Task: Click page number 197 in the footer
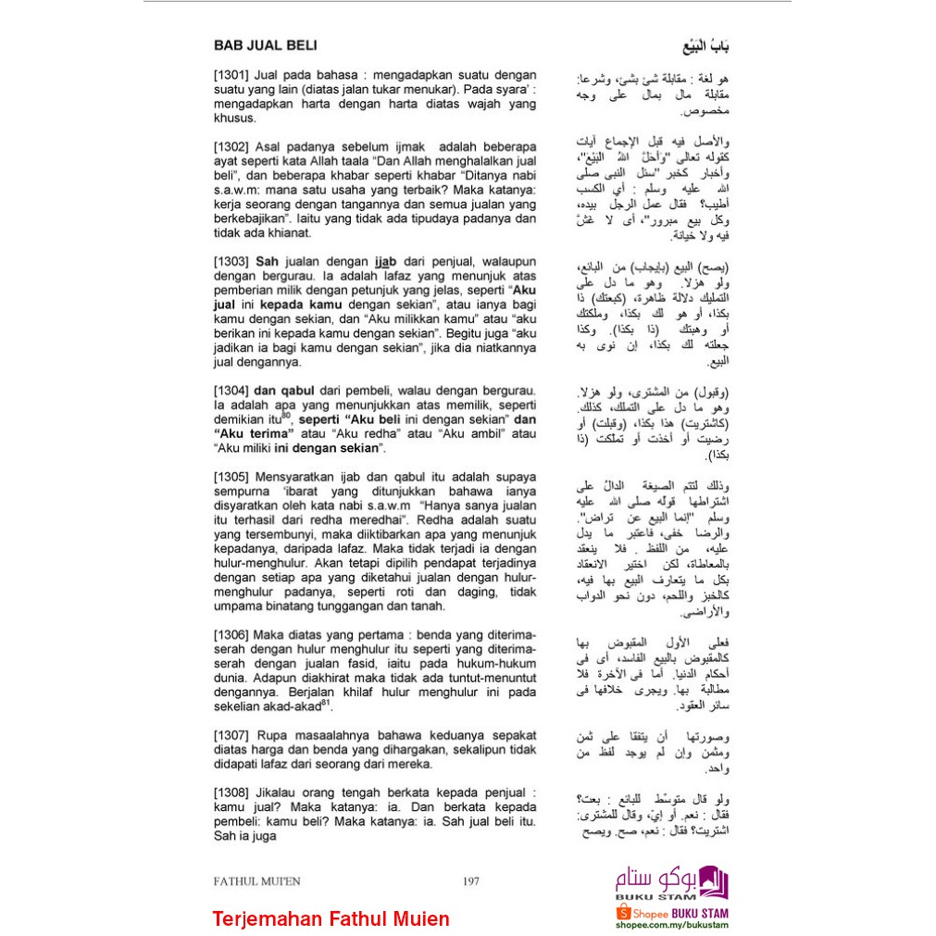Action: pos(470,881)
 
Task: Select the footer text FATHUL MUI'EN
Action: pos(256,881)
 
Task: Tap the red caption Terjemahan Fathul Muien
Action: pos(331,919)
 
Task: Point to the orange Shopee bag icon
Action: pos(624,914)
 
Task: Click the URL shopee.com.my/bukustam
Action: pos(671,925)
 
